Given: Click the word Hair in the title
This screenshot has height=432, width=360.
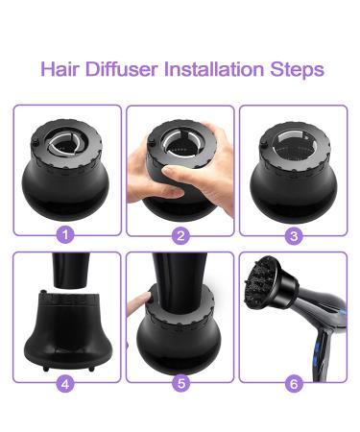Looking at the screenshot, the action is [60, 69].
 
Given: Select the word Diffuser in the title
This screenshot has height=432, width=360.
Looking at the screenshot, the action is [122, 69].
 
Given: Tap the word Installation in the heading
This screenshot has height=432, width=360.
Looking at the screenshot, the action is [214, 69].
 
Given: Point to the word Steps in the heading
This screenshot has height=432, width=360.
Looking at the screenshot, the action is [297, 69].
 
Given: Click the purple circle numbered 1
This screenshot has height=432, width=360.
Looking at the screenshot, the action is [65, 235].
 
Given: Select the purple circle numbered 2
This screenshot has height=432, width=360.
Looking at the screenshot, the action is [180, 236].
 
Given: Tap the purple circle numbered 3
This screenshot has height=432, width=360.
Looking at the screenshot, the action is [294, 236].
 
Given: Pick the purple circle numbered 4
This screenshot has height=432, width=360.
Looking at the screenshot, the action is [65, 383].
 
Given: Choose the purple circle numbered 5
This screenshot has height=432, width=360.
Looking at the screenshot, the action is [180, 383].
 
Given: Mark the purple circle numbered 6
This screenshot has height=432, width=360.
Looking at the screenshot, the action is [294, 383].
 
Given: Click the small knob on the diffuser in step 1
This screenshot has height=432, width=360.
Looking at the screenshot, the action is [35, 141].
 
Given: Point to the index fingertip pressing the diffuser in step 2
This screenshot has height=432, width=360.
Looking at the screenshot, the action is [167, 170].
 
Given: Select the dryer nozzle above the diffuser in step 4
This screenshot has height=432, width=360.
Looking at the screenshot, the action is [71, 270].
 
